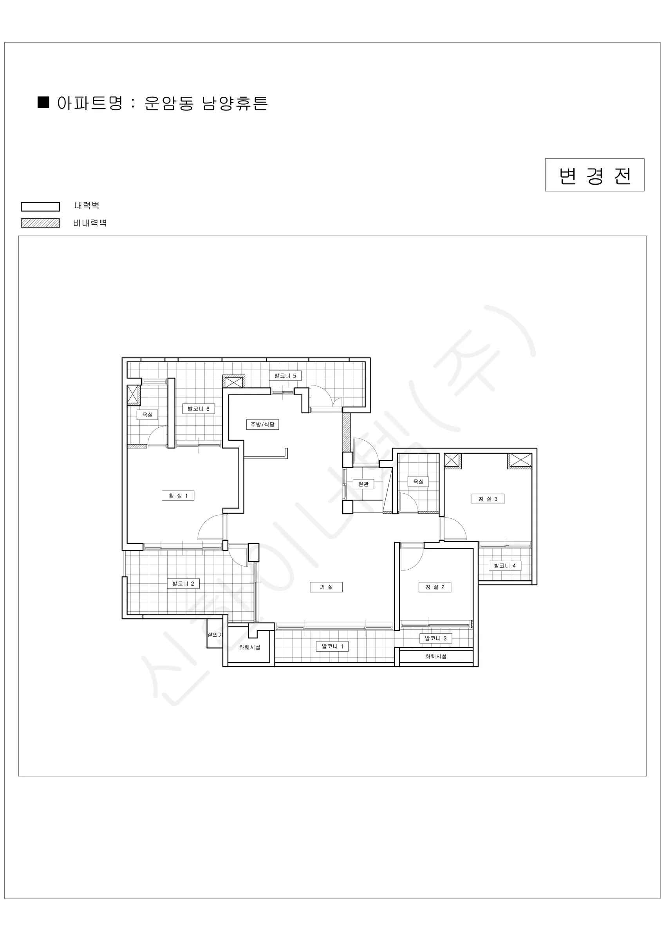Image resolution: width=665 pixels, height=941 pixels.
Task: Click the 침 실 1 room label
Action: (x=178, y=496)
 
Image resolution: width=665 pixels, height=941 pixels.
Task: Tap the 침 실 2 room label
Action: (x=435, y=587)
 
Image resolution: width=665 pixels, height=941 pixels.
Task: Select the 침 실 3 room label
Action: (x=488, y=499)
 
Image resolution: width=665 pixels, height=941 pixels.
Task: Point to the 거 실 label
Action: (x=326, y=587)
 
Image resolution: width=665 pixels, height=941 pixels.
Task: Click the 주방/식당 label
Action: (x=262, y=424)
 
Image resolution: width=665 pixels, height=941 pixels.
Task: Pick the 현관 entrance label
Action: (x=363, y=484)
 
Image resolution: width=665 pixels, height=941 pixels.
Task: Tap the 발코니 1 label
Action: (x=332, y=646)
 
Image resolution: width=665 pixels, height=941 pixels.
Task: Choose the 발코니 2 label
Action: (x=183, y=584)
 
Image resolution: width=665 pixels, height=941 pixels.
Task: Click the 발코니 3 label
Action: (x=436, y=639)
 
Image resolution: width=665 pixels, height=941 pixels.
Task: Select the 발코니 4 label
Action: (x=505, y=566)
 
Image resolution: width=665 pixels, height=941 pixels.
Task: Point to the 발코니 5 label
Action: (x=285, y=375)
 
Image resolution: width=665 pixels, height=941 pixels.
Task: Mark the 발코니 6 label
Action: (x=199, y=409)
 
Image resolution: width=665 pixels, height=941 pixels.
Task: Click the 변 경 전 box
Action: (x=595, y=175)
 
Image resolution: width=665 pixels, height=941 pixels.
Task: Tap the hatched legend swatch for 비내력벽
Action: (x=41, y=223)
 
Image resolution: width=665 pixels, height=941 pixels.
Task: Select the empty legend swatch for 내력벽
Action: (x=41, y=207)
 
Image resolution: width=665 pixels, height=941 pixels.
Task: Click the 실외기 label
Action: (x=215, y=635)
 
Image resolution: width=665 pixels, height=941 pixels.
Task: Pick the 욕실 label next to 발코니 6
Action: (x=147, y=415)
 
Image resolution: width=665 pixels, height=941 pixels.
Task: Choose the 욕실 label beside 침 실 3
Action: (x=418, y=481)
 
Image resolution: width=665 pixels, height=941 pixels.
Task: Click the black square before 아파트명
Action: (x=43, y=102)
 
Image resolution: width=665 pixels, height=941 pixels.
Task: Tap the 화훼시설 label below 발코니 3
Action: (x=436, y=656)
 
